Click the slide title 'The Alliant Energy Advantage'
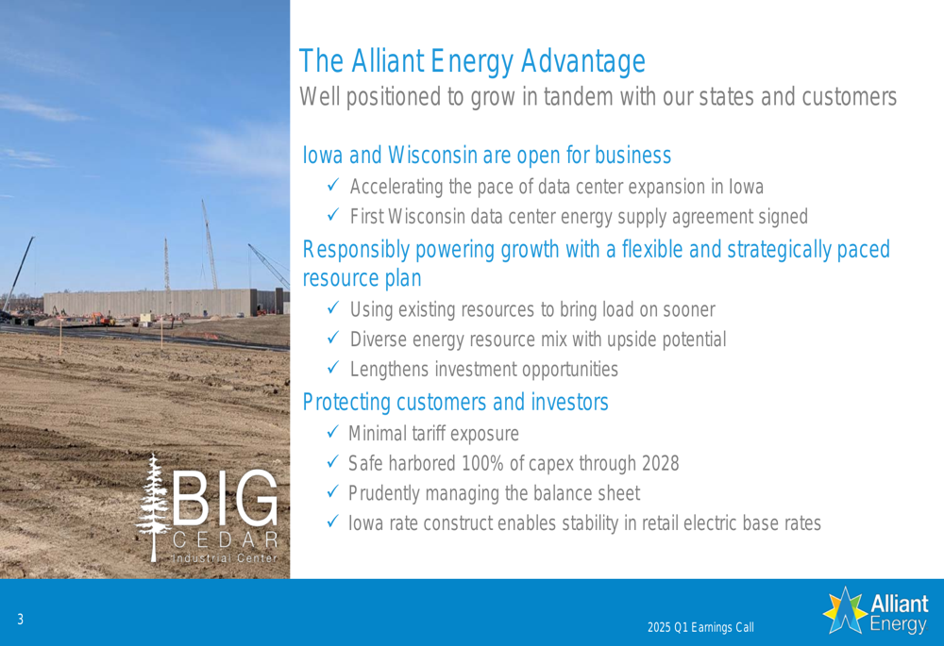(472, 61)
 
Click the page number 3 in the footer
(21, 619)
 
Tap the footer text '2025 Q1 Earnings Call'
(700, 627)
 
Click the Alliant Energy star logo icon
(845, 610)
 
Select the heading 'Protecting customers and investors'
(455, 402)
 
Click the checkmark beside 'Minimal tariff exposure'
(333, 432)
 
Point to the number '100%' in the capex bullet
(482, 463)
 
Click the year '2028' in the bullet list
(660, 463)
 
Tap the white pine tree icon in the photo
(154, 508)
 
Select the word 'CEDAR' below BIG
(226, 539)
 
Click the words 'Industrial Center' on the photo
(226, 557)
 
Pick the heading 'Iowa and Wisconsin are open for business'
(486, 156)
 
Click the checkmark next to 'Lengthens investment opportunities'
(333, 367)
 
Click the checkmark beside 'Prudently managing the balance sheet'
(333, 491)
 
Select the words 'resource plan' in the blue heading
(362, 278)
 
